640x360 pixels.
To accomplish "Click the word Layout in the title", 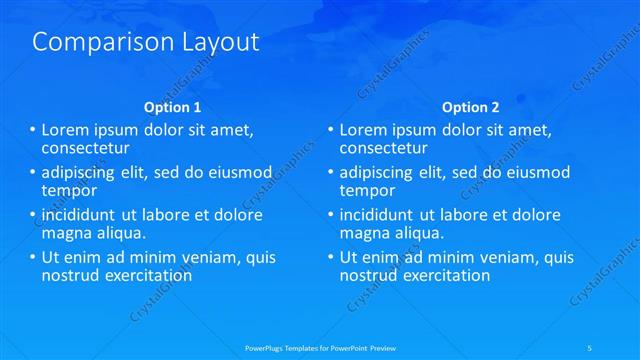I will (x=215, y=42).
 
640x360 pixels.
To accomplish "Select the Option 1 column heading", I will (x=173, y=107).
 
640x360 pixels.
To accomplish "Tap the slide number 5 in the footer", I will (x=591, y=347).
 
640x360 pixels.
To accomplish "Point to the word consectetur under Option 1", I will (x=82, y=148).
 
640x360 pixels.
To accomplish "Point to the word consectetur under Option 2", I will (x=380, y=148).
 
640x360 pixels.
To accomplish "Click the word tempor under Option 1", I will (x=69, y=190).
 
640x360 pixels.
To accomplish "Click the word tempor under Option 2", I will (x=367, y=190).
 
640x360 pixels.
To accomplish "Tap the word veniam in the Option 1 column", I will (x=202, y=258).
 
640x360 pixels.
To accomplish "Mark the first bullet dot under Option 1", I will (x=33, y=131).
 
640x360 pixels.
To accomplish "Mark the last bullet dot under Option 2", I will (x=331, y=258).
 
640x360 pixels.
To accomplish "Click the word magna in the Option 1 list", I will (x=65, y=232).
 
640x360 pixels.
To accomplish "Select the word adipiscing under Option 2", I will (x=378, y=173).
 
